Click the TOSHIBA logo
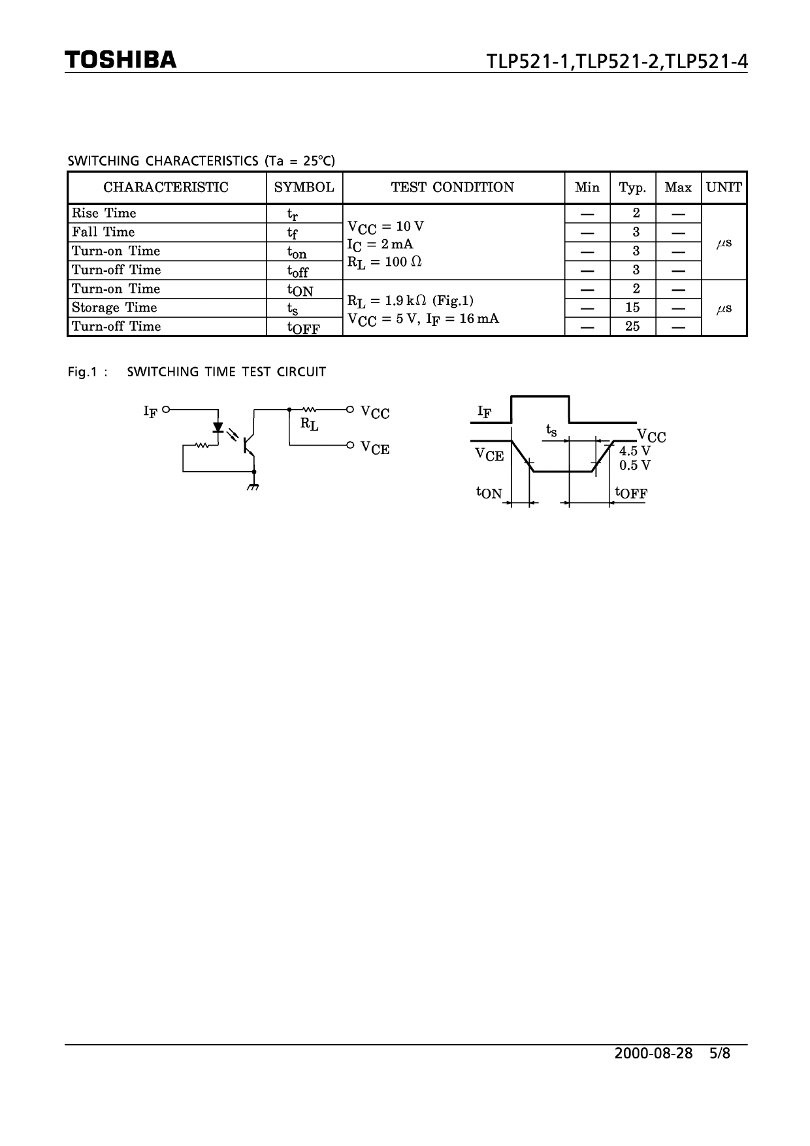point(121,60)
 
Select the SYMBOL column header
point(304,188)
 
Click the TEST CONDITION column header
point(453,188)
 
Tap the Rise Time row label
point(104,213)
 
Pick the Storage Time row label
point(114,308)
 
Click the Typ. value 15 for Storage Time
point(632,308)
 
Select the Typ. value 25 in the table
point(632,326)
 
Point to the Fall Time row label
point(103,232)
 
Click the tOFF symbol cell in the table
point(303,328)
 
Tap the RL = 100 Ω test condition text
point(385,262)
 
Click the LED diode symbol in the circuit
point(218,428)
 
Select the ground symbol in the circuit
point(253,487)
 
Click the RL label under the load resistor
point(309,424)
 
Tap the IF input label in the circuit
point(150,411)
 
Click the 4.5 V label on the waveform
point(635,451)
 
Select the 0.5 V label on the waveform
point(635,465)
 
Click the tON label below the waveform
point(489,493)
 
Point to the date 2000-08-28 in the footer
point(653,1053)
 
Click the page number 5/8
point(719,1053)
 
